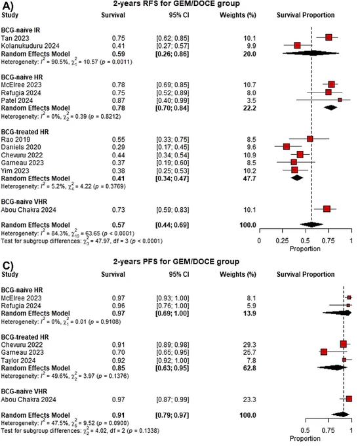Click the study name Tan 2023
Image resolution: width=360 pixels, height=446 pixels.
tap(15, 38)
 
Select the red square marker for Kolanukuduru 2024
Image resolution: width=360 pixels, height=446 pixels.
tap(297, 45)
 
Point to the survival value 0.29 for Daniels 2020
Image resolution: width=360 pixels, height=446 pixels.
tap(118, 147)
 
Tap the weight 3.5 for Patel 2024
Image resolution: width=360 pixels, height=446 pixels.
tap(251, 101)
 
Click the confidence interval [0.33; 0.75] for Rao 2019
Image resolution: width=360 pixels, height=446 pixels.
tap(172, 139)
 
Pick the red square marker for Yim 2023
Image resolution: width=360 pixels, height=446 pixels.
tap(294, 170)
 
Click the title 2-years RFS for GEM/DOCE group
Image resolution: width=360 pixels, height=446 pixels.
tap(176, 4)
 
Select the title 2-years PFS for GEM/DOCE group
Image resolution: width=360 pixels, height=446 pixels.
tap(176, 262)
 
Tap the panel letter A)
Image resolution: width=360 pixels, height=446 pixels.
tap(8, 6)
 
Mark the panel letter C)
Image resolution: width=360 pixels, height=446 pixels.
tap(8, 265)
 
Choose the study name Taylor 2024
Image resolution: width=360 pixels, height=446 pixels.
tap(18, 360)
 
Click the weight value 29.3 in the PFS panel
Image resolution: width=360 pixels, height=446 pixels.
tap(249, 345)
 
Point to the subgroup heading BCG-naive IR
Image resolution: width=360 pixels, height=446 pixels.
tap(20, 30)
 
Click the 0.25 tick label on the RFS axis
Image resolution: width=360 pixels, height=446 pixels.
tap(282, 241)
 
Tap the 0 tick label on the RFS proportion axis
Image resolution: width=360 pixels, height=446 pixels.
tap(259, 241)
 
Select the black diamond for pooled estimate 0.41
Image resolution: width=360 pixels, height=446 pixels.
tap(297, 178)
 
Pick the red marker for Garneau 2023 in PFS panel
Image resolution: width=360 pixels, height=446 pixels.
tap(323, 352)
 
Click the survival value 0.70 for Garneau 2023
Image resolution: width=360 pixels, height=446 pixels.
tap(118, 352)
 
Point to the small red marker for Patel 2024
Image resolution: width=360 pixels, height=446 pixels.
tap(340, 100)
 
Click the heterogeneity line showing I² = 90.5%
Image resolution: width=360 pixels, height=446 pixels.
tap(66, 62)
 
